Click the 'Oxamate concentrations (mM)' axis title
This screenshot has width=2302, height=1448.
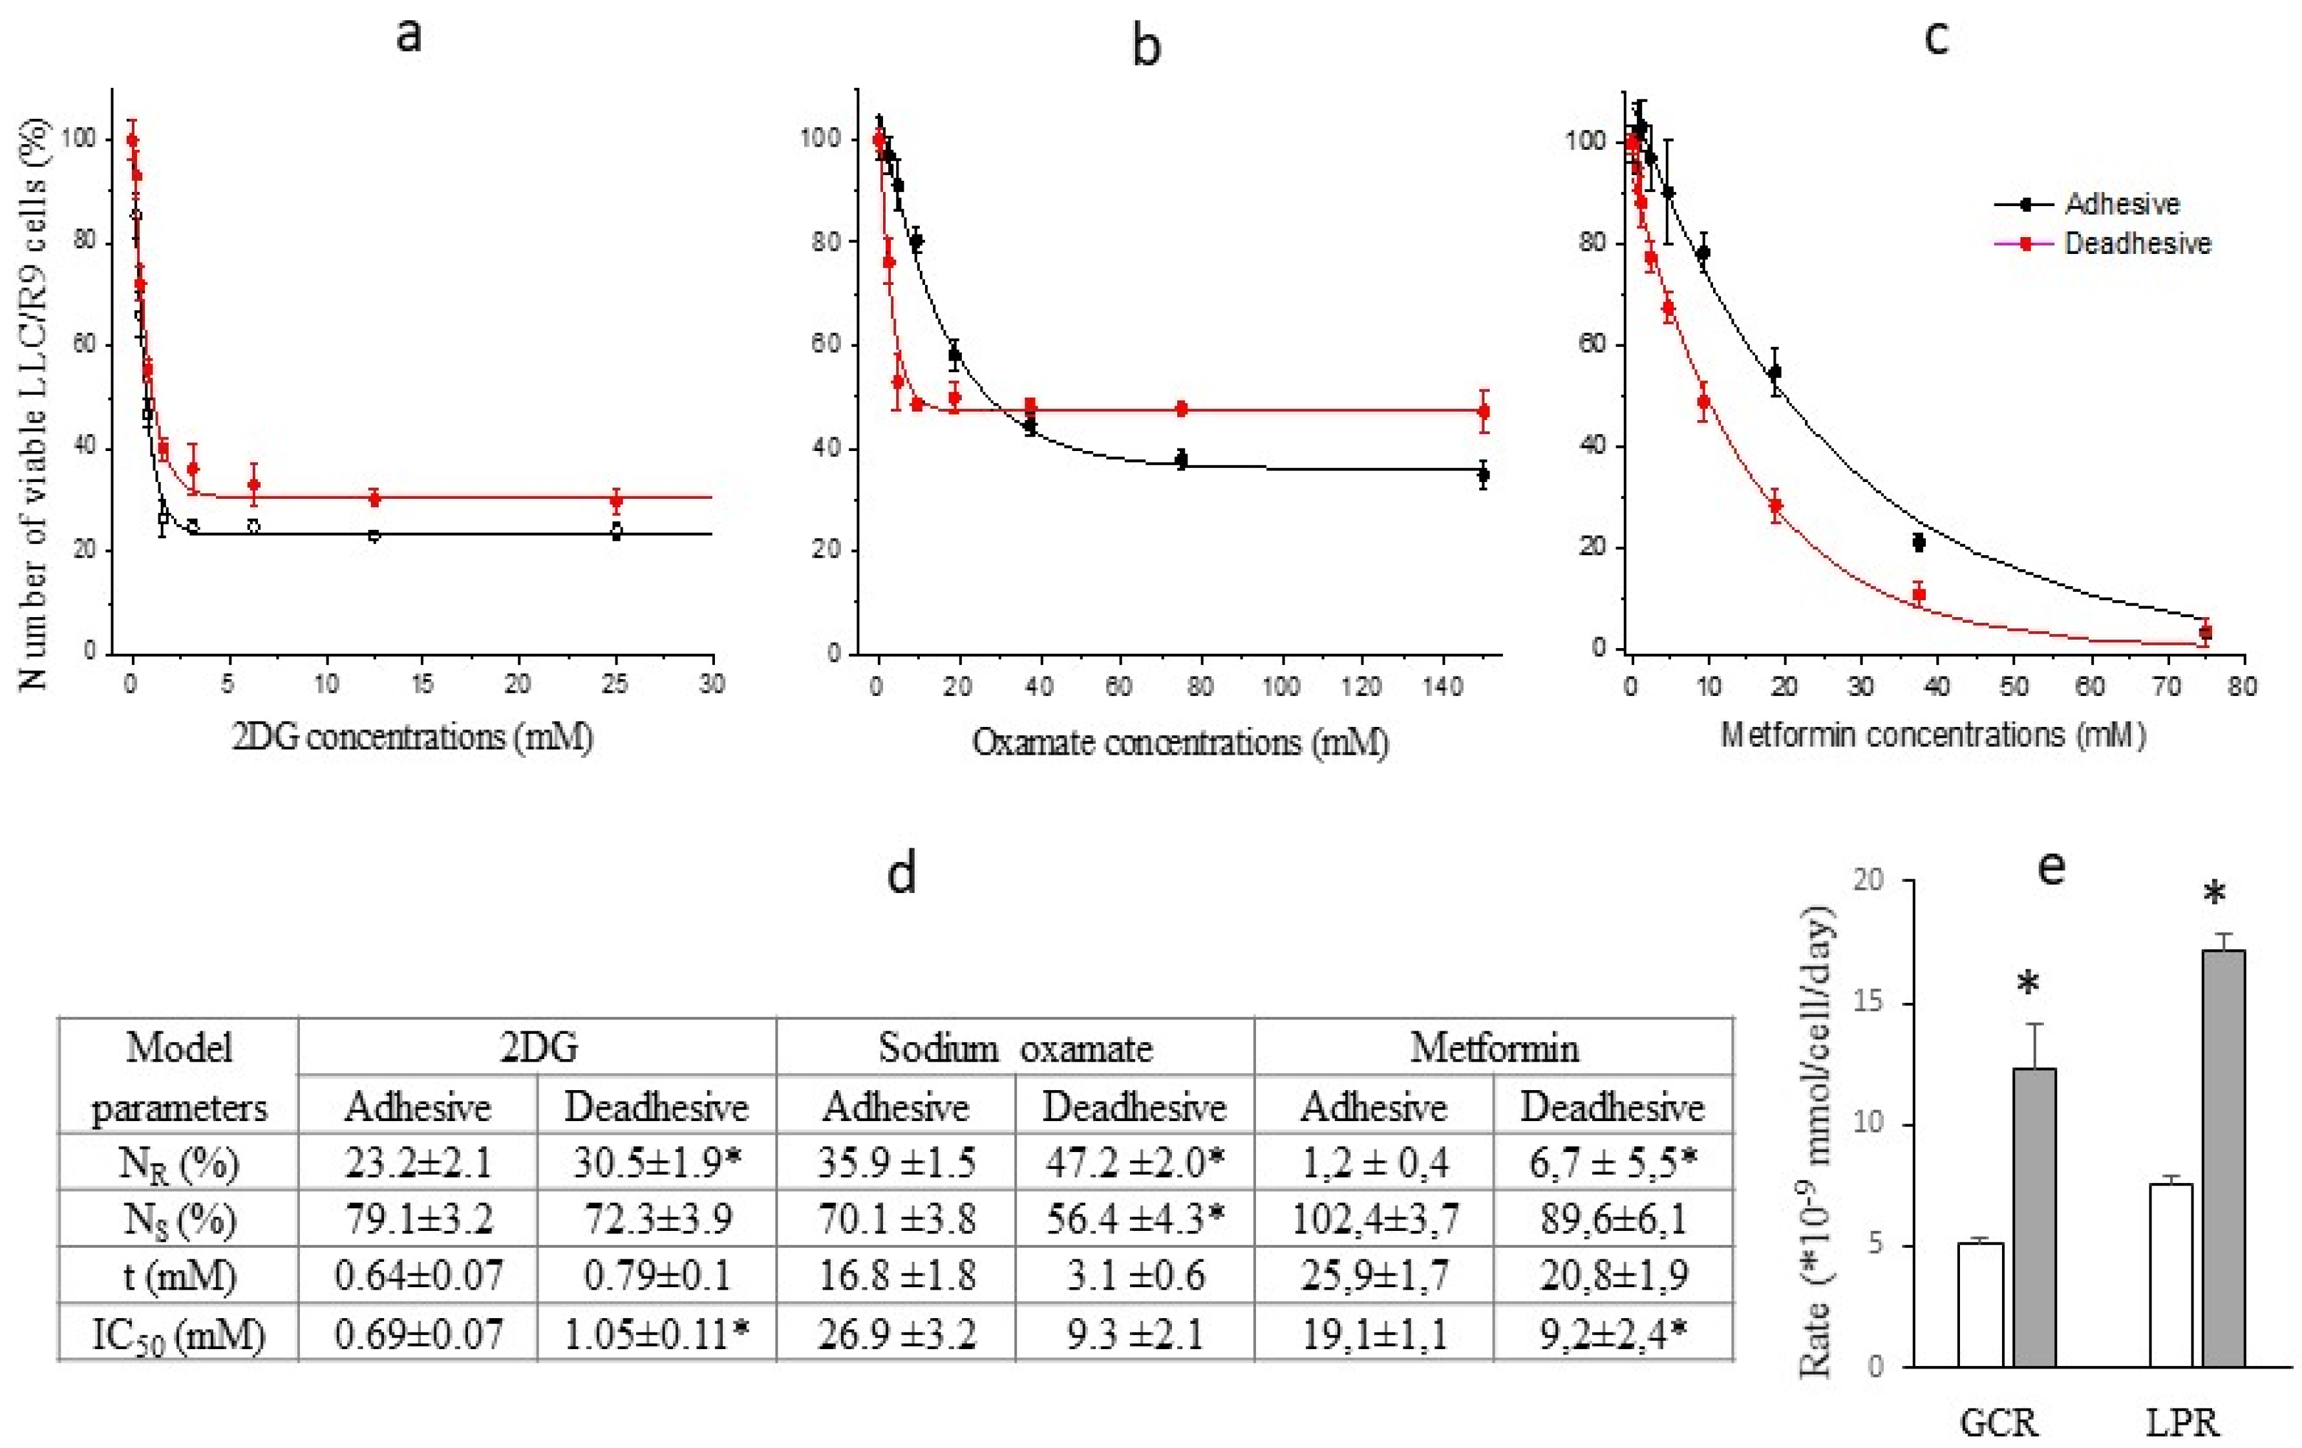1180,742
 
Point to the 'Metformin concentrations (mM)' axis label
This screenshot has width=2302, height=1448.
1933,735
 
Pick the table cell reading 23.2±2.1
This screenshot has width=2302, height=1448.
418,1162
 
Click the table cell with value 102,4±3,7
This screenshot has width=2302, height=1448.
1374,1219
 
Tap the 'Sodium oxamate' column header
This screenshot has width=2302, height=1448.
1016,1049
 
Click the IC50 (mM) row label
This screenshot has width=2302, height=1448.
179,1333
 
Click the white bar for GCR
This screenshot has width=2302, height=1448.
1980,1304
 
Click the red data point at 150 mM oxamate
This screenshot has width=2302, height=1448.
1483,412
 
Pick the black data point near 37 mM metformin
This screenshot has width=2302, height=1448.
1918,542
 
